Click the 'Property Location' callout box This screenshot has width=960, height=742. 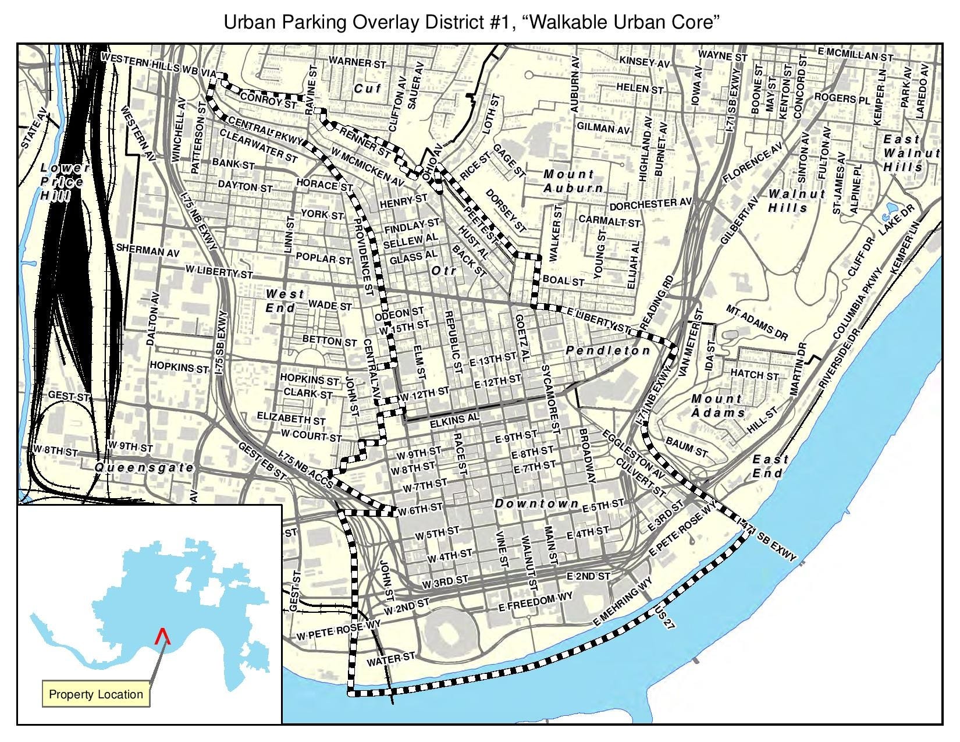point(95,694)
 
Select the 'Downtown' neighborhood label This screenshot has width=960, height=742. point(536,504)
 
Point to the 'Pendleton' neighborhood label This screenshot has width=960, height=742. point(608,350)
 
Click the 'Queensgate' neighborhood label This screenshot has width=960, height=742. point(144,468)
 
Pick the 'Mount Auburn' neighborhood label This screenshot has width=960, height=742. point(573,181)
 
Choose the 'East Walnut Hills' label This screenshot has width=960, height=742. point(911,153)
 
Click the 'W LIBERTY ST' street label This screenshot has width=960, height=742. point(219,272)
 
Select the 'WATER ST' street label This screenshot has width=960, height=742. point(390,659)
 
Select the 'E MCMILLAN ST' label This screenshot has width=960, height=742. point(855,55)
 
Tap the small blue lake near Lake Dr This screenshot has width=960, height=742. point(891,208)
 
